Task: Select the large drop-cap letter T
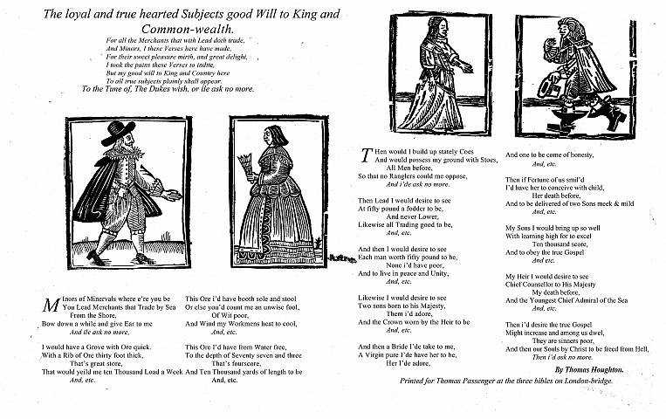tap(366, 155)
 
